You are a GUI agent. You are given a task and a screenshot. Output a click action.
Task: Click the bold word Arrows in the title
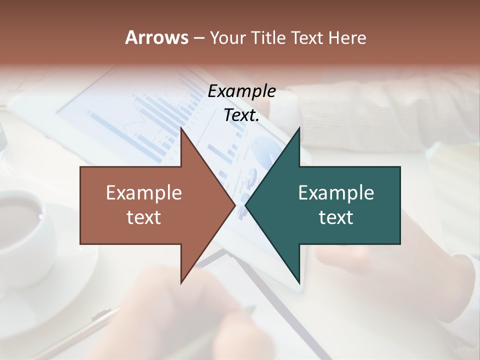(156, 37)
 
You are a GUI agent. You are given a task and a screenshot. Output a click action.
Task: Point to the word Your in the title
(226, 37)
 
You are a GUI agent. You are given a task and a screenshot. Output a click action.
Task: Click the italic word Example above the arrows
(241, 91)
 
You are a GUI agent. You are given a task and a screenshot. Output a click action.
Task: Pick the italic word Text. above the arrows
(241, 115)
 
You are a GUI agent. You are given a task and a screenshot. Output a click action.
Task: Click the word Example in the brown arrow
(144, 193)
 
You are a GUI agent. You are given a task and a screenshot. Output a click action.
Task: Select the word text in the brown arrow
(144, 217)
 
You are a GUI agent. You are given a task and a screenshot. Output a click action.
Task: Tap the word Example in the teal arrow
(336, 193)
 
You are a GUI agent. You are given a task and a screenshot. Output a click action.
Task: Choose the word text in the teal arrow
(336, 217)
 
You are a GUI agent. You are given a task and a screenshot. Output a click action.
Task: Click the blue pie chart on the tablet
(265, 150)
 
